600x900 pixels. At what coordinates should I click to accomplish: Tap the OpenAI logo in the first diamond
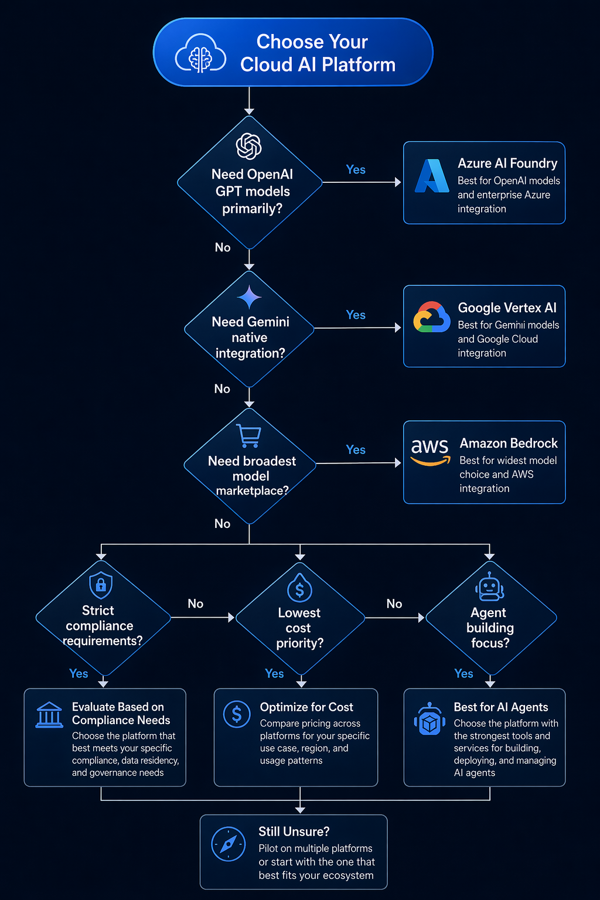tap(249, 146)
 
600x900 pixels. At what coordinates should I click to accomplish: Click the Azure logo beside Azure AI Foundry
tap(432, 176)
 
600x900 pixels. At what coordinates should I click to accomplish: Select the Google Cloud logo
tap(432, 318)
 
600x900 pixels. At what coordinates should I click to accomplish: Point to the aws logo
tap(430, 451)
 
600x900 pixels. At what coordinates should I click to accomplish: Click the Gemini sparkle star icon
tap(249, 297)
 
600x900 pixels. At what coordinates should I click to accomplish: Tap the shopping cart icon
tap(249, 435)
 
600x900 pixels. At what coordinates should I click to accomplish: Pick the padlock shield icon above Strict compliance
tap(101, 585)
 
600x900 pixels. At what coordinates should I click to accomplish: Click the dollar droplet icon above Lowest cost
tap(300, 589)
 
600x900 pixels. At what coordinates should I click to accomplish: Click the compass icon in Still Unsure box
tap(229, 844)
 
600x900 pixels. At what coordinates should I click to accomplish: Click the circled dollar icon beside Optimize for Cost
tap(237, 714)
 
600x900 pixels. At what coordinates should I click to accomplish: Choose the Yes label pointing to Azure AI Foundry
tap(356, 170)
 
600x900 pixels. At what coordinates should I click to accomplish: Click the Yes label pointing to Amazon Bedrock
tap(356, 450)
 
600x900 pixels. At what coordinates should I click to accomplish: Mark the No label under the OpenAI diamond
tap(223, 247)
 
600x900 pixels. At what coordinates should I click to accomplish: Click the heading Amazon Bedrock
tap(509, 444)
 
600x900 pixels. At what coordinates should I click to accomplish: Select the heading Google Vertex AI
tap(507, 308)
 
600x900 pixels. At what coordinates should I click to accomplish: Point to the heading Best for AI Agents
tap(501, 707)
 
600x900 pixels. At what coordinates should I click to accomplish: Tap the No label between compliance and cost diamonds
tap(196, 604)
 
